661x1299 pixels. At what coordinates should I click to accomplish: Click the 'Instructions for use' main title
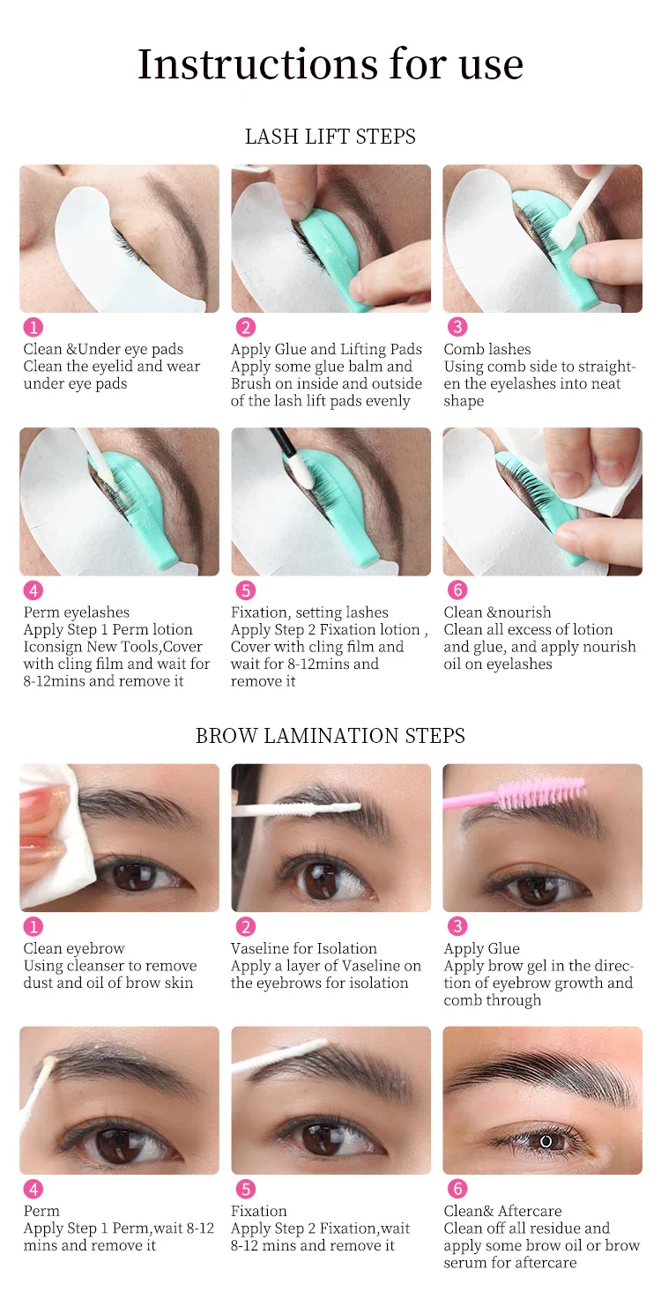click(330, 63)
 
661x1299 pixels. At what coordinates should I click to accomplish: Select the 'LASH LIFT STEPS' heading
click(330, 137)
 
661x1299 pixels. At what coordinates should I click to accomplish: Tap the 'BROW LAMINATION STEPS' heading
click(330, 736)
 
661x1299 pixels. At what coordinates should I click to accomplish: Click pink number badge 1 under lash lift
click(33, 327)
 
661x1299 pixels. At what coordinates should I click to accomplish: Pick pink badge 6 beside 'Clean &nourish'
click(457, 590)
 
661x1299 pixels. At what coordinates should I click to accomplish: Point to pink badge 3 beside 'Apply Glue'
click(457, 926)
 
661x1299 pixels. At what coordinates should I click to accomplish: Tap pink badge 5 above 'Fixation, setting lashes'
click(246, 590)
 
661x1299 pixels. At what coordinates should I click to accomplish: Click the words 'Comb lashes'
click(487, 349)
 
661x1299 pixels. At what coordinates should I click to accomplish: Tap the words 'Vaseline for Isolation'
click(303, 949)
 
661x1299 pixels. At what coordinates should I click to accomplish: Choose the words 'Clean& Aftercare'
click(502, 1211)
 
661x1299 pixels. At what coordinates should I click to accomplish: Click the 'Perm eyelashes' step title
click(77, 613)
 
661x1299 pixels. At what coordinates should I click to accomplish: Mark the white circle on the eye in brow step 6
click(546, 1141)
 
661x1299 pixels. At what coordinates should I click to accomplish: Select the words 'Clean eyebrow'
click(74, 949)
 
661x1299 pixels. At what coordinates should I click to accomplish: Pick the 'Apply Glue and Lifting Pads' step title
click(326, 349)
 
